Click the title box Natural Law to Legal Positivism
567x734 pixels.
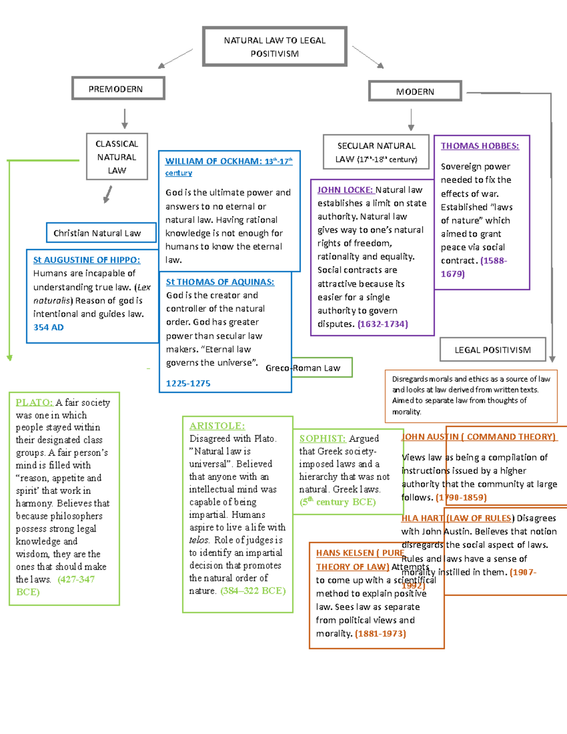(275, 46)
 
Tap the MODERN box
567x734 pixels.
(415, 91)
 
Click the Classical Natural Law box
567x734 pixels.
(117, 157)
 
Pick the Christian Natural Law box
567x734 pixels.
(101, 233)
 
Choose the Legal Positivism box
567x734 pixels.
(492, 350)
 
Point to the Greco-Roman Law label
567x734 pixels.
(303, 368)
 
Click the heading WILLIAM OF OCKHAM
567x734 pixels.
(213, 161)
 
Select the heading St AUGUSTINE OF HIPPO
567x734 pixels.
(86, 260)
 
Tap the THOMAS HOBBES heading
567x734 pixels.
(480, 146)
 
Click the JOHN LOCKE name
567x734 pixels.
(345, 190)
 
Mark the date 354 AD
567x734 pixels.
(48, 327)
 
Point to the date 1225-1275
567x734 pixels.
(188, 383)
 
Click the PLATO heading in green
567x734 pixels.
(34, 403)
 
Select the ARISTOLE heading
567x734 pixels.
(217, 426)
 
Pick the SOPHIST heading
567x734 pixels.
(322, 439)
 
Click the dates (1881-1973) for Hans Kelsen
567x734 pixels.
(380, 633)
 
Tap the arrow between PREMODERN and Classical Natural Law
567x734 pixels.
(125, 119)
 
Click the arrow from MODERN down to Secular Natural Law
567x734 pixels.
(411, 120)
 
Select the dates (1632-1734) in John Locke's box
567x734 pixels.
(383, 324)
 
